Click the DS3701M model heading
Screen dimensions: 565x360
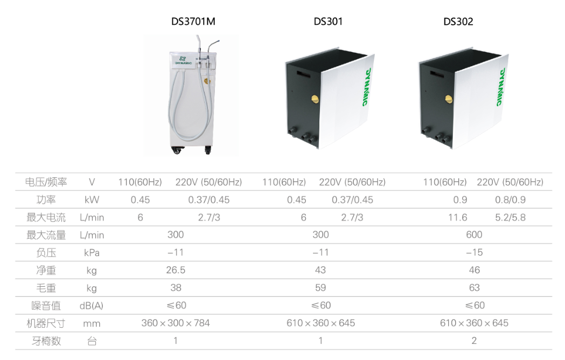[x=193, y=22]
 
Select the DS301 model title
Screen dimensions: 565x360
[x=328, y=22]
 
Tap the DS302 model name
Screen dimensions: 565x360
[x=458, y=22]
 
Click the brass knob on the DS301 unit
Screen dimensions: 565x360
[x=315, y=99]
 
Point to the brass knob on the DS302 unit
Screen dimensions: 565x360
[x=449, y=99]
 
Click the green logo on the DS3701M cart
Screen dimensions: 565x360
[x=183, y=60]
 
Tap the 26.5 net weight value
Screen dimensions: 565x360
[x=176, y=270]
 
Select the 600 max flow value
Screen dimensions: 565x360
[x=474, y=234]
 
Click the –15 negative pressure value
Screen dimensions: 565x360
[x=474, y=252]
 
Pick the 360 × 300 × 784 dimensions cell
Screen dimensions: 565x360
[x=176, y=323]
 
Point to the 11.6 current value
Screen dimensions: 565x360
[x=458, y=217]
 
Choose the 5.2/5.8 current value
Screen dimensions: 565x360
[x=510, y=217]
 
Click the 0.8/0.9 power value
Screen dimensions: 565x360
[x=510, y=199]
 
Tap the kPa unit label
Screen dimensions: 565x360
[x=92, y=253]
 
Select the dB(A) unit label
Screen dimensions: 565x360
[x=92, y=306]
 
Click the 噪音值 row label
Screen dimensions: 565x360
[x=46, y=306]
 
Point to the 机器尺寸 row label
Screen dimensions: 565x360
[x=46, y=323]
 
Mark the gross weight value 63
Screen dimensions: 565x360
[x=474, y=287]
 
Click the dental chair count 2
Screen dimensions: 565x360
[x=474, y=341]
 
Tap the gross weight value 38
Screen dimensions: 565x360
[x=176, y=287]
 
